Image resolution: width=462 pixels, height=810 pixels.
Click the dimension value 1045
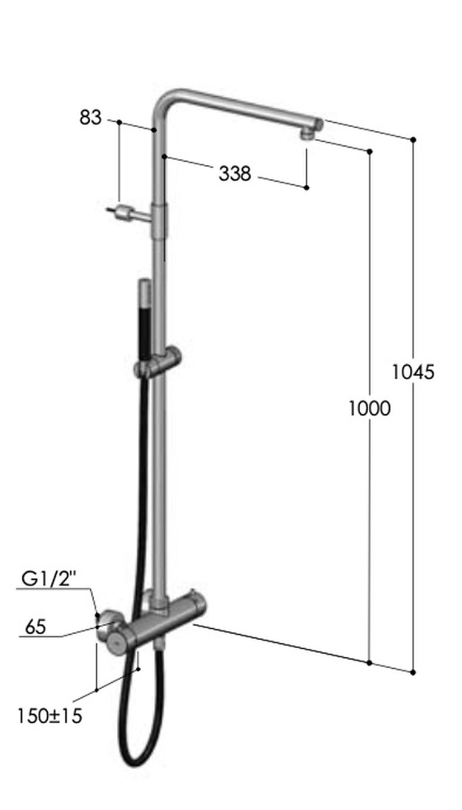413,372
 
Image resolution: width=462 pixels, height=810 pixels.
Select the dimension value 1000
370,409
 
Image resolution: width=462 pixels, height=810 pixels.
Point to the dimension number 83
91,117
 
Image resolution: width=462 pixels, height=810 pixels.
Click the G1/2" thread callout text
49,579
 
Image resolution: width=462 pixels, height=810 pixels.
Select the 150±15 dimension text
50,707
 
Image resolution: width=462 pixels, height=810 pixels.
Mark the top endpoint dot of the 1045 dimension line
413,139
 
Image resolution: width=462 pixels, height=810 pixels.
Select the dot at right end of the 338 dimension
306,188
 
